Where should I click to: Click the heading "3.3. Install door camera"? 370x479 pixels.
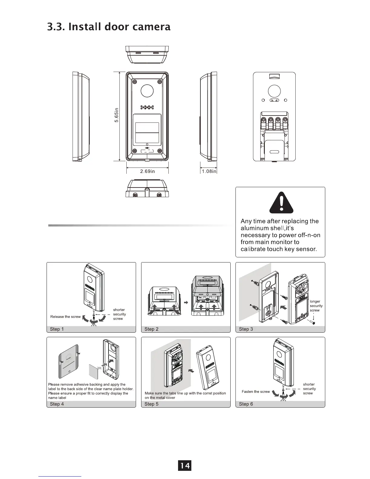pos(109,27)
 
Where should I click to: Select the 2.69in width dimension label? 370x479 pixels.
pos(147,171)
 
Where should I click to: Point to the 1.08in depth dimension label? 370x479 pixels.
pos(209,171)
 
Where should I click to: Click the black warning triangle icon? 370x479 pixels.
pos(281,203)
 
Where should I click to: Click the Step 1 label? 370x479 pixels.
pos(57,329)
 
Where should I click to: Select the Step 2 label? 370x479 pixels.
pos(151,329)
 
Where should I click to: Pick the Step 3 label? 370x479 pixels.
pos(246,329)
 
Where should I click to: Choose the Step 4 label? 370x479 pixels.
pos(57,404)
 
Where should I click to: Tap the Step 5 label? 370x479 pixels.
pos(151,404)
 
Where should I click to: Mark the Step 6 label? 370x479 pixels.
pos(246,404)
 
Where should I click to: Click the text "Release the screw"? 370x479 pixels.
pos(65,317)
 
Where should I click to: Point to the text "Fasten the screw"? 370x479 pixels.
pos(256,392)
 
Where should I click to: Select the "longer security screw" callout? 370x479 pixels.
pos(316,306)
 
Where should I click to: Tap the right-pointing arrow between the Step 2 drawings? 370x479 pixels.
pos(186,302)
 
